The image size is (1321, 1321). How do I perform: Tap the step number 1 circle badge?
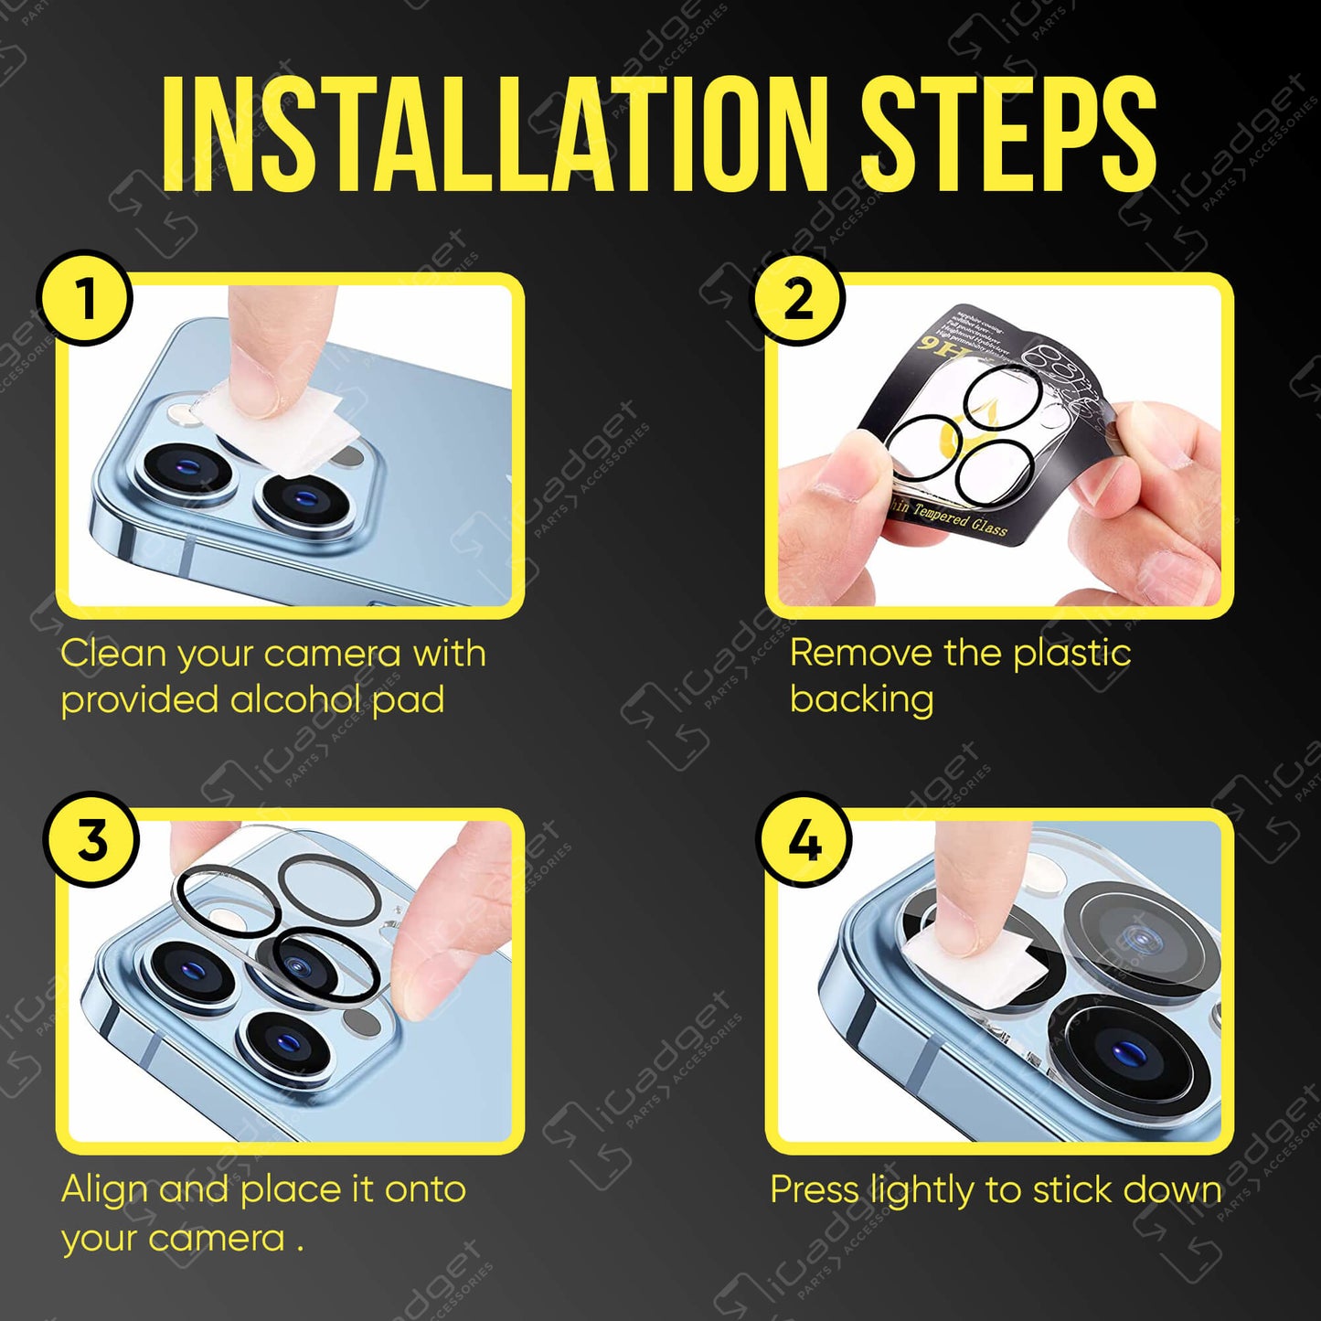[x=85, y=298]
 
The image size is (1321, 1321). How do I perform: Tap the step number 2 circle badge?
[x=798, y=298]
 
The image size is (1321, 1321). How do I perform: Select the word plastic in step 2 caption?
[x=1071, y=653]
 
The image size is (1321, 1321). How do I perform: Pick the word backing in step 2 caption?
[x=861, y=699]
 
